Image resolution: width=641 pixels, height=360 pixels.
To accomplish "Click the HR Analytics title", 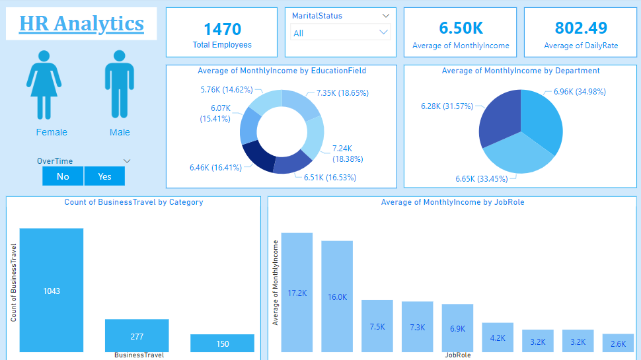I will (x=81, y=24).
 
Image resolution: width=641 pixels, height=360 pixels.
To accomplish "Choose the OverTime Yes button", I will (x=104, y=176).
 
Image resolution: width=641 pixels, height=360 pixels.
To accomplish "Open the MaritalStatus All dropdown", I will (x=340, y=32).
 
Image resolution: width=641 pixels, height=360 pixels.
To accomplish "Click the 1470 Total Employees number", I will (x=222, y=29).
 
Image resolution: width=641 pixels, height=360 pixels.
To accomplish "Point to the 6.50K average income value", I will (x=461, y=28).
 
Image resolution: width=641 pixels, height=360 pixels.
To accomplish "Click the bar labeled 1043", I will (x=52, y=290).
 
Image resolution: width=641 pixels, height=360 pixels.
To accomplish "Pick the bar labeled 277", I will (x=137, y=336).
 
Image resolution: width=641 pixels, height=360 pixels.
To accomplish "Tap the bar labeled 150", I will (x=222, y=343).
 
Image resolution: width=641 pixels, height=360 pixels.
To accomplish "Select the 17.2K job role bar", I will (x=297, y=292).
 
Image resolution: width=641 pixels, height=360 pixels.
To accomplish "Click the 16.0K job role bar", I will (x=337, y=296).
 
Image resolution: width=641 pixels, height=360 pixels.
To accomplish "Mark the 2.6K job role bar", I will (x=618, y=343).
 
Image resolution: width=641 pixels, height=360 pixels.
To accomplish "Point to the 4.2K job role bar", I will (x=498, y=337).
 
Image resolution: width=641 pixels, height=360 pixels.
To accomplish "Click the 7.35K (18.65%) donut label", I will (x=342, y=94).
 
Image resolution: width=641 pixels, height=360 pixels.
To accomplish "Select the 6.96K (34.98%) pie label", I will (x=580, y=92).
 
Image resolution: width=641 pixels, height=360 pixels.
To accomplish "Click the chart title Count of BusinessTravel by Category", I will (x=133, y=202).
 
